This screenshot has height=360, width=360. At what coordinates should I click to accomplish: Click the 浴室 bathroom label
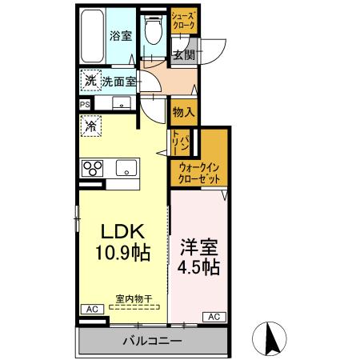tap(122, 36)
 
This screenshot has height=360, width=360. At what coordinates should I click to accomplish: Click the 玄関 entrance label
tap(183, 55)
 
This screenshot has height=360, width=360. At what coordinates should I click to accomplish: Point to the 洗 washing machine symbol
tap(90, 81)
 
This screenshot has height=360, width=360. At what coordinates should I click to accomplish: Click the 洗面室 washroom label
tap(117, 81)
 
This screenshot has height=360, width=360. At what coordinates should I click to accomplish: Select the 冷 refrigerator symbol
tap(90, 126)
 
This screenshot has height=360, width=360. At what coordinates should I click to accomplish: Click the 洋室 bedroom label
tap(198, 245)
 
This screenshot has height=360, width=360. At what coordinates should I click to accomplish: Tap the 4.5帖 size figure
tap(198, 266)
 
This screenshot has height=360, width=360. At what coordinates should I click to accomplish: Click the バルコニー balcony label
tap(152, 342)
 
